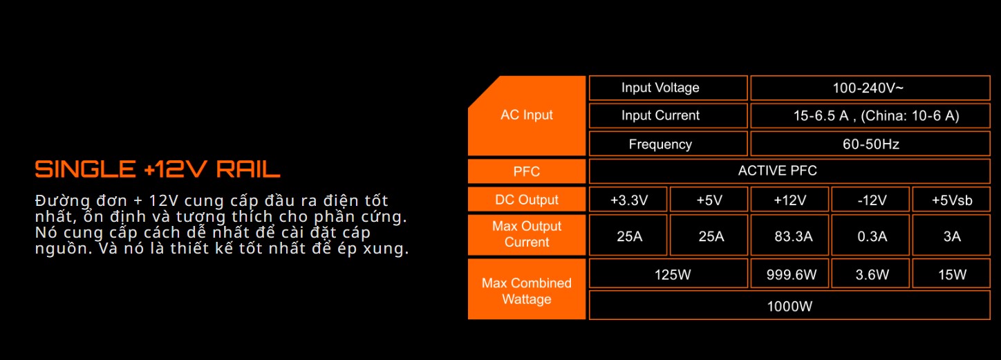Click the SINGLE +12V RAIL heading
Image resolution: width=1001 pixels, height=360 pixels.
pyautogui.click(x=158, y=169)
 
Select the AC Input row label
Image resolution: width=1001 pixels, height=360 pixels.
pyautogui.click(x=527, y=115)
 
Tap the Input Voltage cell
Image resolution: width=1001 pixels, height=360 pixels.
pyautogui.click(x=668, y=88)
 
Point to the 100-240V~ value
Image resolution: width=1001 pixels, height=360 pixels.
pyautogui.click(x=870, y=88)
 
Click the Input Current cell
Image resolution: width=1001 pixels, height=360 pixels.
pyautogui.click(x=668, y=115)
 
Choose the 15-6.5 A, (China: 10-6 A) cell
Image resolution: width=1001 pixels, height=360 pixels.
pyautogui.click(x=870, y=115)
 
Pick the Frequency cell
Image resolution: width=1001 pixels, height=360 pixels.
pyautogui.click(x=668, y=144)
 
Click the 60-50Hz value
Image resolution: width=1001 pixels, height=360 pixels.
pyautogui.click(x=870, y=144)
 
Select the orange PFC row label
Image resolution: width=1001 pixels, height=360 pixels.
pyautogui.click(x=527, y=171)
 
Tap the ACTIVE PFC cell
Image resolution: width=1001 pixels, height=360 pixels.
pyautogui.click(x=789, y=171)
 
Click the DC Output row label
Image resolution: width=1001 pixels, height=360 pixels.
pyautogui.click(x=527, y=199)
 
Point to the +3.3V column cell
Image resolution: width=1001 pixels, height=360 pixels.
pyautogui.click(x=628, y=199)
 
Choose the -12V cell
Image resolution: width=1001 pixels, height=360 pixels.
pyautogui.click(x=870, y=199)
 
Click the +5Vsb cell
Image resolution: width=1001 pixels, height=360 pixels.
pyautogui.click(x=951, y=199)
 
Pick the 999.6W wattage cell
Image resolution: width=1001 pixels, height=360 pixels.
pyautogui.click(x=789, y=274)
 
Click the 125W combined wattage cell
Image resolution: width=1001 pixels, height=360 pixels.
pyautogui.click(x=668, y=274)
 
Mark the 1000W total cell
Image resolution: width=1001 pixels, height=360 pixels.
pyautogui.click(x=789, y=305)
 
